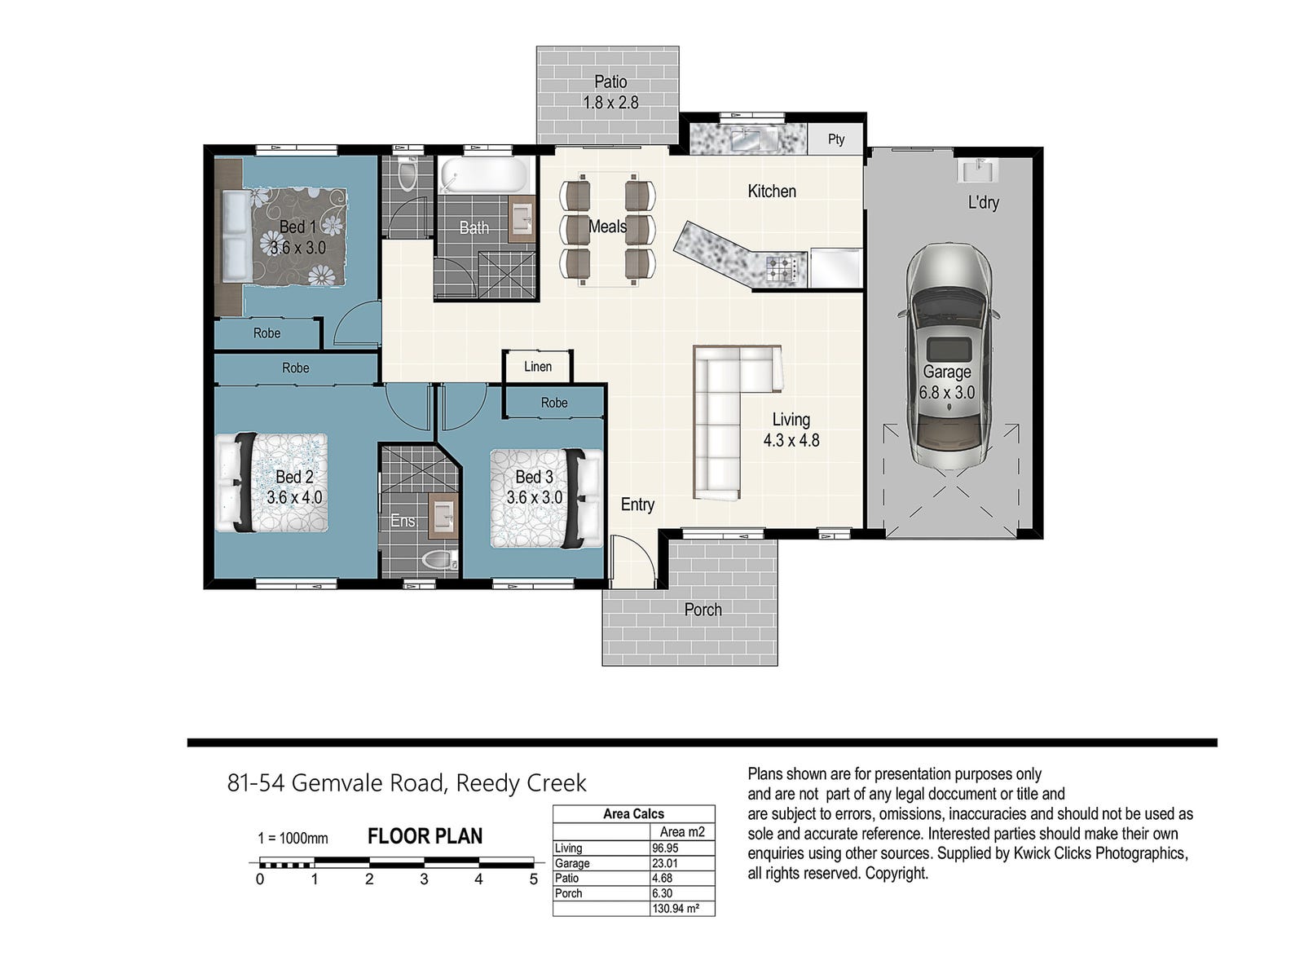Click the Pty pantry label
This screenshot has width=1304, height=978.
pos(835,139)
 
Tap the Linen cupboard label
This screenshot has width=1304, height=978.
pos(538,367)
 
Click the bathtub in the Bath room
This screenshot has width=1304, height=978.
pos(482,174)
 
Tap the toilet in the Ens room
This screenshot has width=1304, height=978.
pos(440,559)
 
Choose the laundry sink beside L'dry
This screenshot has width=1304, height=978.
pos(977,170)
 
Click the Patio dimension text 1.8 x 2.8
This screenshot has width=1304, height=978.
pos(610,103)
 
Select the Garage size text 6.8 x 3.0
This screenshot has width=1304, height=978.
pos(947,393)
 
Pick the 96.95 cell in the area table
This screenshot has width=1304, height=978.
pos(665,848)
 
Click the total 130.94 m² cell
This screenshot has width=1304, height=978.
pos(676,909)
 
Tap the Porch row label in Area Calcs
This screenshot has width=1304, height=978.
pos(569,893)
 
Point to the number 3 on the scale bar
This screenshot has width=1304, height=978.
pos(424,879)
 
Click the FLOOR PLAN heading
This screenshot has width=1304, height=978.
pos(425,836)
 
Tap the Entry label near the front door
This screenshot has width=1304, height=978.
pos(637,504)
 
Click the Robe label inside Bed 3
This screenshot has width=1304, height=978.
pos(553,403)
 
